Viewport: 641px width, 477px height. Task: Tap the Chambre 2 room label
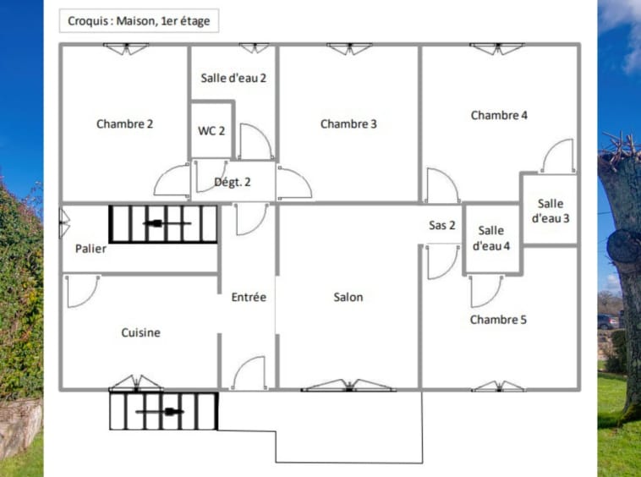point(124,123)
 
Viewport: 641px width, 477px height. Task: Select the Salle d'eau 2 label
point(233,78)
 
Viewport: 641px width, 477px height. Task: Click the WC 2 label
point(211,131)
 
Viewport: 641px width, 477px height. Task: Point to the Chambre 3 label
point(348,124)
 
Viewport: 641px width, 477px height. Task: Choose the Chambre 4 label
point(499,115)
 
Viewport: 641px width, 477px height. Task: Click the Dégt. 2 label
point(232,181)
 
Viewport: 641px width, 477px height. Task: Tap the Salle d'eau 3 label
point(550,211)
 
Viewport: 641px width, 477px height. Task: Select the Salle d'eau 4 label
point(490,238)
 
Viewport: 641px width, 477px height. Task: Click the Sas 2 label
point(442,225)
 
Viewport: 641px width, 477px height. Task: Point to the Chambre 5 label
point(498,320)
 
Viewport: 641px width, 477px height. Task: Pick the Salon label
point(348,297)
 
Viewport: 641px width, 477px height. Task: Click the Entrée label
point(249,297)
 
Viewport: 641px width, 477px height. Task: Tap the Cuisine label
point(140,332)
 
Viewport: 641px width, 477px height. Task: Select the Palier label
point(90,249)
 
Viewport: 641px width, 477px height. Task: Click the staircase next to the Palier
point(162,224)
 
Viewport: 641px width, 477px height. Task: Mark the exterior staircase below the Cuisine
point(162,411)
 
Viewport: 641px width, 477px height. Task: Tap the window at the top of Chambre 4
point(497,49)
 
